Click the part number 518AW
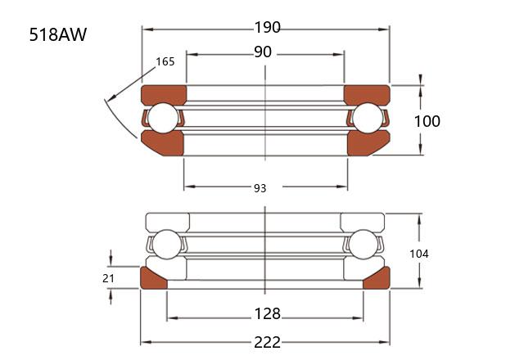coord(58,34)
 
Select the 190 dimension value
coord(268,27)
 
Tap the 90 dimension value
coord(263,52)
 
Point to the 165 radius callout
coord(165,62)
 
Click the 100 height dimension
coord(427,121)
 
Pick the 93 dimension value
coord(260,189)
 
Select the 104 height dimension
coord(419,254)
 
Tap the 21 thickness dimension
coord(108,278)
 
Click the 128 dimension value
coord(268,314)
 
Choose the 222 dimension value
coord(268,343)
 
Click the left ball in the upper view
coord(163,118)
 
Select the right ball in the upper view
coord(368,118)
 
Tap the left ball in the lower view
coord(166,244)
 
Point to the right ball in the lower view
coord(364,244)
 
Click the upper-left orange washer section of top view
coord(164,95)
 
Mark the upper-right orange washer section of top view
coord(367,95)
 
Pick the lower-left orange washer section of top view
coord(164,144)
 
